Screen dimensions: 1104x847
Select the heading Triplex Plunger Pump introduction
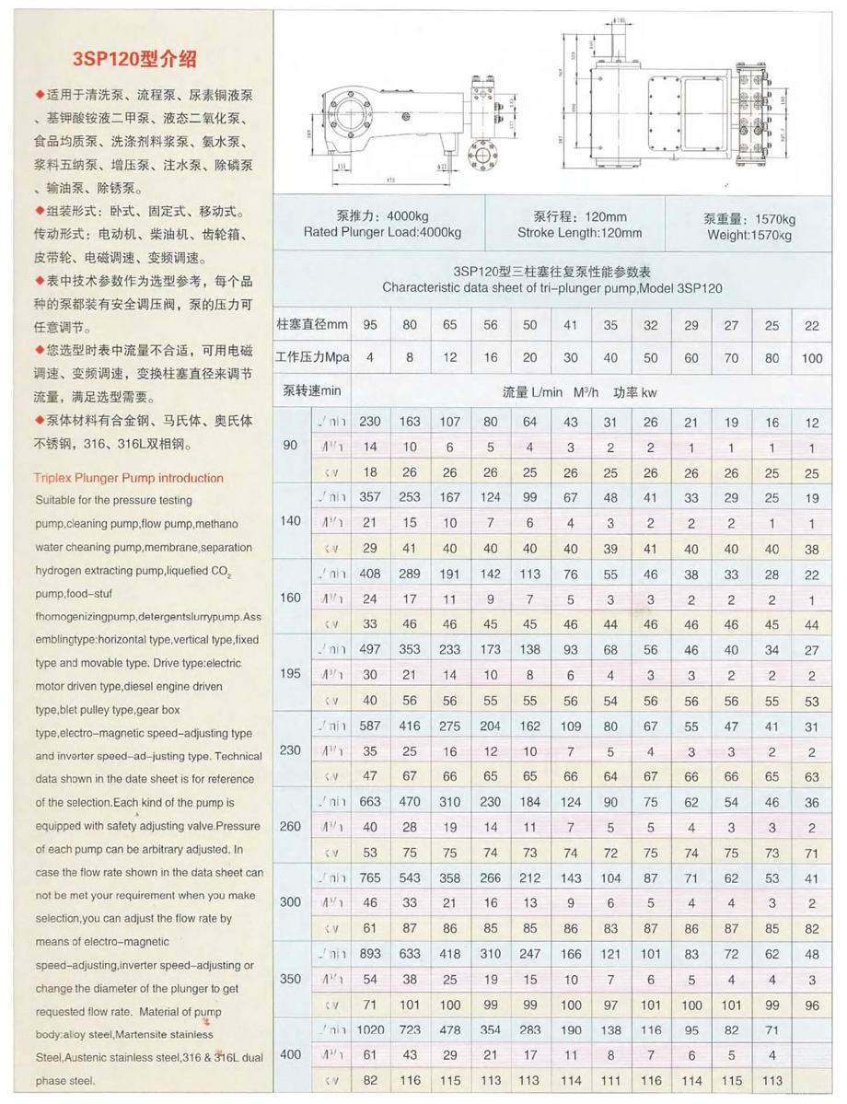[128, 478]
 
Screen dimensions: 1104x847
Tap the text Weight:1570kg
[751, 235]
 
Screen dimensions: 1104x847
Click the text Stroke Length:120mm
[580, 233]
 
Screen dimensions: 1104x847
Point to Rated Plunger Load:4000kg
[382, 232]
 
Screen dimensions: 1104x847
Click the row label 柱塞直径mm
[312, 324]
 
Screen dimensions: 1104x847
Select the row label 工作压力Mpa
[312, 357]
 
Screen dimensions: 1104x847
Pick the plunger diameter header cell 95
[370, 324]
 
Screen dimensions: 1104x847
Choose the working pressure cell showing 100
[811, 357]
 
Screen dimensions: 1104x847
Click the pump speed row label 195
[290, 672]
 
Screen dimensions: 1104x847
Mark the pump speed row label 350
[290, 978]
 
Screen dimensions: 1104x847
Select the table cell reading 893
[370, 952]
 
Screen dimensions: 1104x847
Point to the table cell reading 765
[370, 876]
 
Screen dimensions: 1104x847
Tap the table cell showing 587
[370, 725]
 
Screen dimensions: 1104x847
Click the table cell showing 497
[370, 648]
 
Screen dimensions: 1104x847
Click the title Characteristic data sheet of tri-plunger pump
[551, 287]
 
